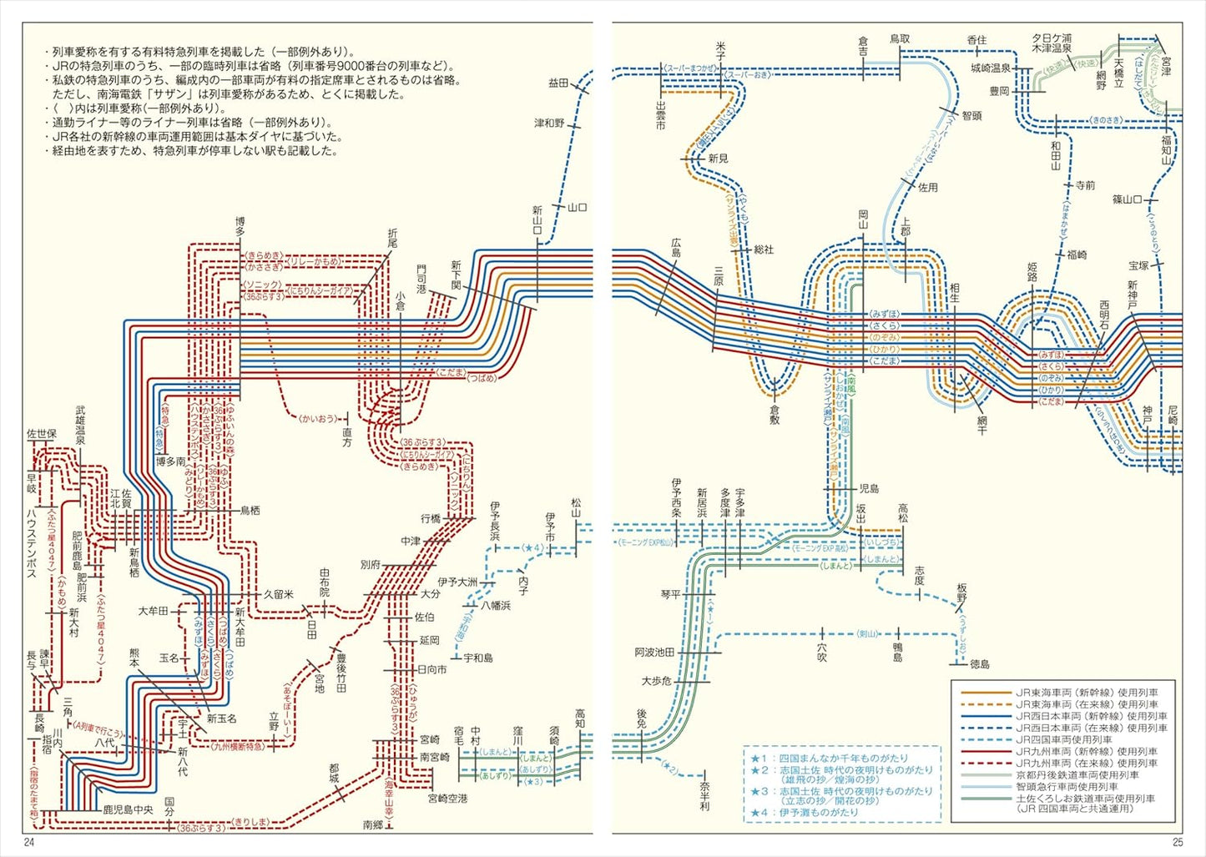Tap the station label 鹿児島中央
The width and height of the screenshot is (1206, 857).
(x=128, y=809)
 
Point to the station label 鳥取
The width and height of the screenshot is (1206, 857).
(x=900, y=39)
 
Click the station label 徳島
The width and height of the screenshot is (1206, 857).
(x=980, y=664)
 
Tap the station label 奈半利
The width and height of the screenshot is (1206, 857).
(x=705, y=796)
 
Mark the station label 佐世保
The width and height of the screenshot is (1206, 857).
(x=42, y=434)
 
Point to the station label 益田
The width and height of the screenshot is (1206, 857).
(x=558, y=83)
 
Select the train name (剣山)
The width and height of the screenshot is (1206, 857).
(x=868, y=634)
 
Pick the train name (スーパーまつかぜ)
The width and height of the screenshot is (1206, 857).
(x=690, y=67)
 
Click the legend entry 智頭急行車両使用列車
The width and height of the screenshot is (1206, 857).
(x=1067, y=787)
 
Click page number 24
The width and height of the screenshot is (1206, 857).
(x=30, y=842)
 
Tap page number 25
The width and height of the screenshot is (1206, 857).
(x=1177, y=842)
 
